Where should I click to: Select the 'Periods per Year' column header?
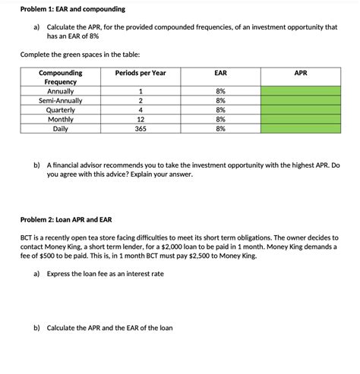click(141, 73)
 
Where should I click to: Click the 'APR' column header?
click(301, 73)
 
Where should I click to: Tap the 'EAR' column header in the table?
click(220, 73)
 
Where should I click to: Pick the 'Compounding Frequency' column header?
click(60, 77)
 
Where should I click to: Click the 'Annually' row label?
click(60, 92)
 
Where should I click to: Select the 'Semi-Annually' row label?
click(60, 101)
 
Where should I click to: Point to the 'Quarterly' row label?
click(60, 110)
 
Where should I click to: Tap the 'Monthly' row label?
click(60, 119)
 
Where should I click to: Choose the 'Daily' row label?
click(60, 128)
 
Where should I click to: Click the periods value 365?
click(141, 128)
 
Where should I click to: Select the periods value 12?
click(141, 119)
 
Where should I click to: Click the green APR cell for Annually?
click(301, 92)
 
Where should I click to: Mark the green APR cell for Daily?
click(301, 128)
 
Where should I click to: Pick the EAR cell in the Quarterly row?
click(220, 110)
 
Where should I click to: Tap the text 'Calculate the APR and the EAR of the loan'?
click(109, 328)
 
